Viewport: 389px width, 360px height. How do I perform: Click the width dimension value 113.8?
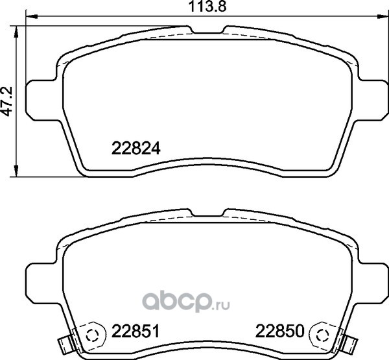click(207, 6)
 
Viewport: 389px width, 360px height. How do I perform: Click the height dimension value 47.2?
click(6, 101)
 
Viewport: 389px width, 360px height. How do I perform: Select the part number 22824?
click(136, 149)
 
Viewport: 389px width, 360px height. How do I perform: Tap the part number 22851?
click(136, 331)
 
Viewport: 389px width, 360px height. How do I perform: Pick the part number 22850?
click(280, 331)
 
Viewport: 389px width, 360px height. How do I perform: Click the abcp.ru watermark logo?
click(186, 302)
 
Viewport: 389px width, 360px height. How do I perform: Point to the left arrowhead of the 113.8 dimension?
click(32, 17)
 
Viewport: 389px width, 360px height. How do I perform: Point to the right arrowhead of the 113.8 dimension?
click(383, 17)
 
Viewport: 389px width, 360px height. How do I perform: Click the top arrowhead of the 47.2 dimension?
click(16, 31)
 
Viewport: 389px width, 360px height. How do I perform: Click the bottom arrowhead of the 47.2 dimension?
click(16, 171)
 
